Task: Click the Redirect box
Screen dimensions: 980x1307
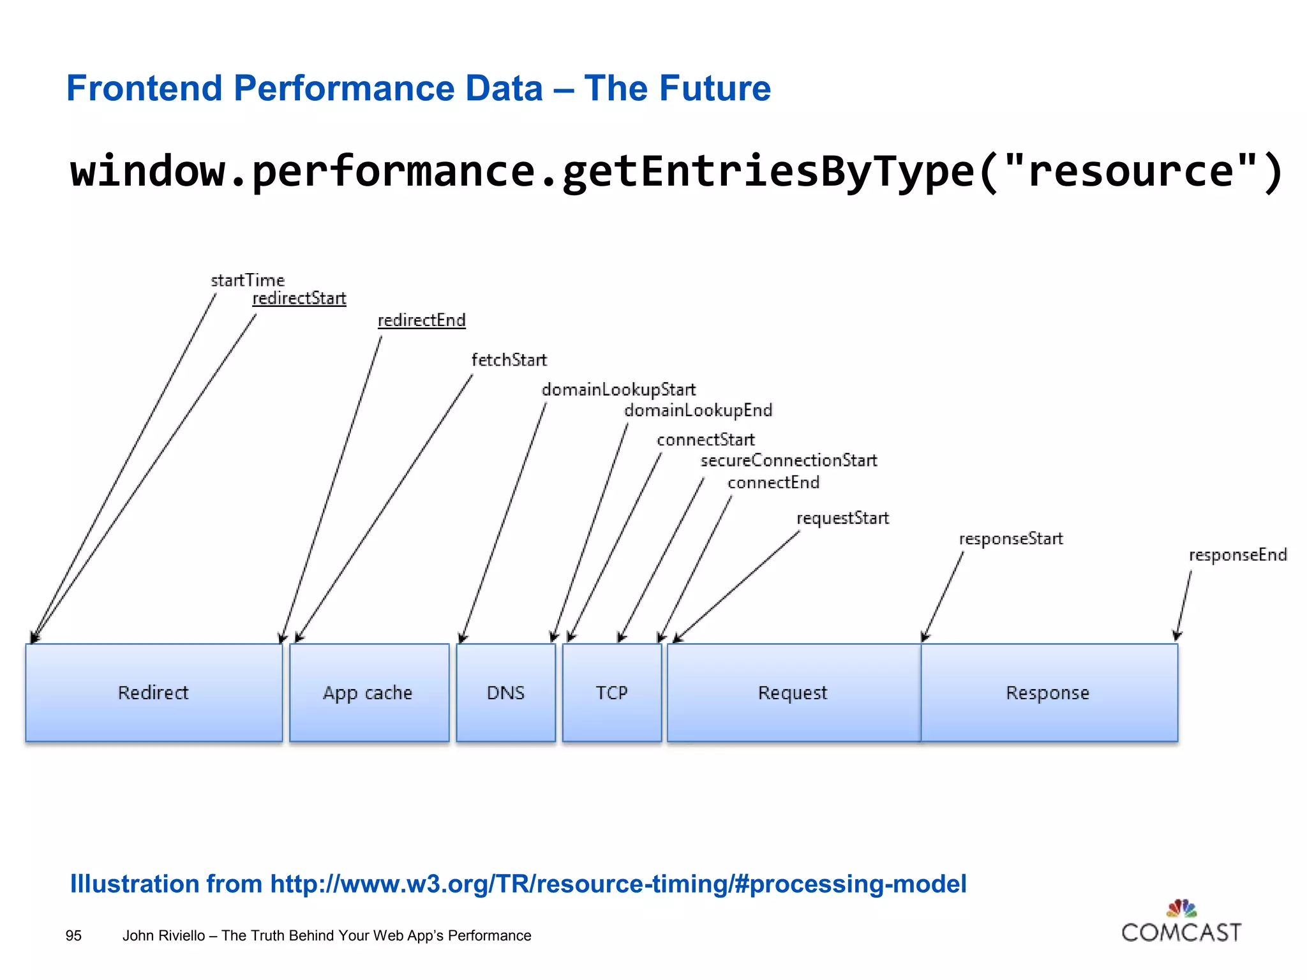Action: (154, 692)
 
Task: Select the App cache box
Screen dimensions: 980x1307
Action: (369, 692)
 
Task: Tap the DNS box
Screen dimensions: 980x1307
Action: (506, 692)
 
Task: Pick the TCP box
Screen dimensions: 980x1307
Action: (612, 692)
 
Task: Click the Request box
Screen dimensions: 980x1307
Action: (793, 692)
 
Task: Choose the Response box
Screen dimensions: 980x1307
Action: (1049, 692)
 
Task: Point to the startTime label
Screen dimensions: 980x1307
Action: (248, 280)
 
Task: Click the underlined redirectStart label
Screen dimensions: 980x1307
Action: (299, 299)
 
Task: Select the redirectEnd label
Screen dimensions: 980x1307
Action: (422, 320)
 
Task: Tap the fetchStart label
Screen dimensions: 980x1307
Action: (509, 360)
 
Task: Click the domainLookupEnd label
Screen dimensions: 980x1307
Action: (698, 410)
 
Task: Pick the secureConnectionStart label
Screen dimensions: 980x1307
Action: (789, 460)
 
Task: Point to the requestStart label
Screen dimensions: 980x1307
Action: (842, 518)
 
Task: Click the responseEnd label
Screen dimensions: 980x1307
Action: (1237, 555)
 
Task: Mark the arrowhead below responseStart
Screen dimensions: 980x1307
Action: (925, 636)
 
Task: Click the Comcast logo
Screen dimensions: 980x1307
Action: (1181, 922)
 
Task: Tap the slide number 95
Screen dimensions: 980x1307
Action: (73, 935)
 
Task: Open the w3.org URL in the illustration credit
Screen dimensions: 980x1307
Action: (618, 884)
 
